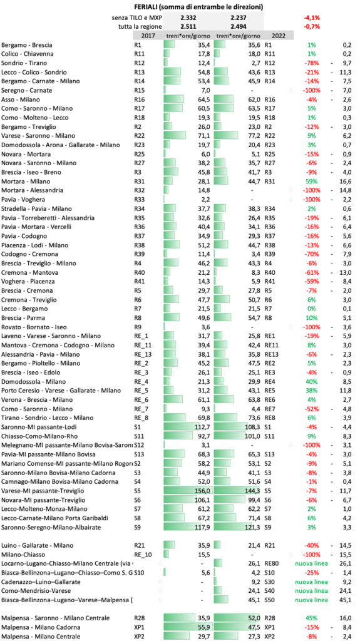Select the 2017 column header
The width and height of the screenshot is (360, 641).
click(141, 36)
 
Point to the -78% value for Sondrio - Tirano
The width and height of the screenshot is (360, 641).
click(312, 63)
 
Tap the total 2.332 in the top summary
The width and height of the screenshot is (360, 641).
click(187, 18)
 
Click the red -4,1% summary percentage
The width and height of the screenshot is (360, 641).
click(312, 18)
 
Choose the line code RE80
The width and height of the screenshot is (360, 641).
click(272, 563)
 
